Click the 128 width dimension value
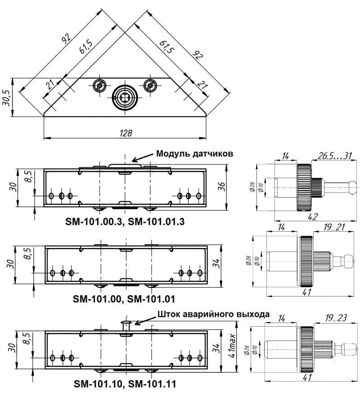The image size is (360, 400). (126, 133)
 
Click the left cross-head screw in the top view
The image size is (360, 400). (99, 85)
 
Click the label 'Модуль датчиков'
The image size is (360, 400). (194, 153)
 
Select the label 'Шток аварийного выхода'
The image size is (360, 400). (213, 314)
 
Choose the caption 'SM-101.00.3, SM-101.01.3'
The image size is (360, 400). (125, 221)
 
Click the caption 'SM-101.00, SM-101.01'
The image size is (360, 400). (124, 299)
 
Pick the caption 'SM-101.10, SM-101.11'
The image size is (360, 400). (125, 384)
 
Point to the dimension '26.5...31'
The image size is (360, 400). (334, 156)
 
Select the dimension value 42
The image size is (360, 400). (313, 216)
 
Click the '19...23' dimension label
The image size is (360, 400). (336, 318)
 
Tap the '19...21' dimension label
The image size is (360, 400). (334, 227)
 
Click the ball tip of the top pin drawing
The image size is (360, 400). (352, 188)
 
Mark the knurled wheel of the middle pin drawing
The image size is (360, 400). (306, 261)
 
